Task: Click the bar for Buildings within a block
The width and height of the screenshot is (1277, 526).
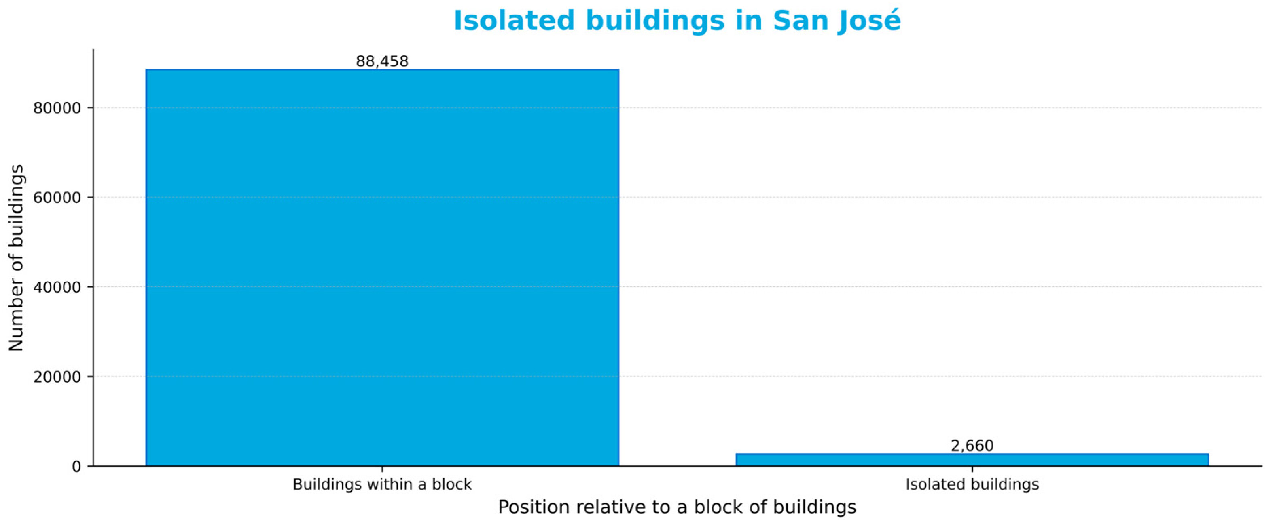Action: coord(382,267)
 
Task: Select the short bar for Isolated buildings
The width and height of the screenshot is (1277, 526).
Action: coord(972,460)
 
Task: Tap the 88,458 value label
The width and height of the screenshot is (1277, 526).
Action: coord(382,61)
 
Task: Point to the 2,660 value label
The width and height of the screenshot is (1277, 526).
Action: coord(972,446)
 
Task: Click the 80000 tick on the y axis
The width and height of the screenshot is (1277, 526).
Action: coord(57,108)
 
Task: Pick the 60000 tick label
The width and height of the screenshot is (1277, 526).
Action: coord(57,198)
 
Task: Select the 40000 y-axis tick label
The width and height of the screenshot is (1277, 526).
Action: coord(57,287)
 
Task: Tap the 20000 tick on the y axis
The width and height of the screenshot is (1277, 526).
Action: coord(57,377)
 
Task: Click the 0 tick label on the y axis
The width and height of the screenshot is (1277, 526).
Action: coord(76,467)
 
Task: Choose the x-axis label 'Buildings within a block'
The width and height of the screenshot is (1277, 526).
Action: coord(382,484)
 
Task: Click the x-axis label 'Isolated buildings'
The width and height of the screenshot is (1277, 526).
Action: coord(972,484)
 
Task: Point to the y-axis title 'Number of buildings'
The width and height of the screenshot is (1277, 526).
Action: coord(16,258)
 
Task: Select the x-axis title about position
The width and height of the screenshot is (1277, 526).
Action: coord(677,507)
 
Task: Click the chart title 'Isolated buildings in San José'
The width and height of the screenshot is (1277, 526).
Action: coord(677,21)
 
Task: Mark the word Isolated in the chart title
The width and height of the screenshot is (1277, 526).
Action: coord(514,21)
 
